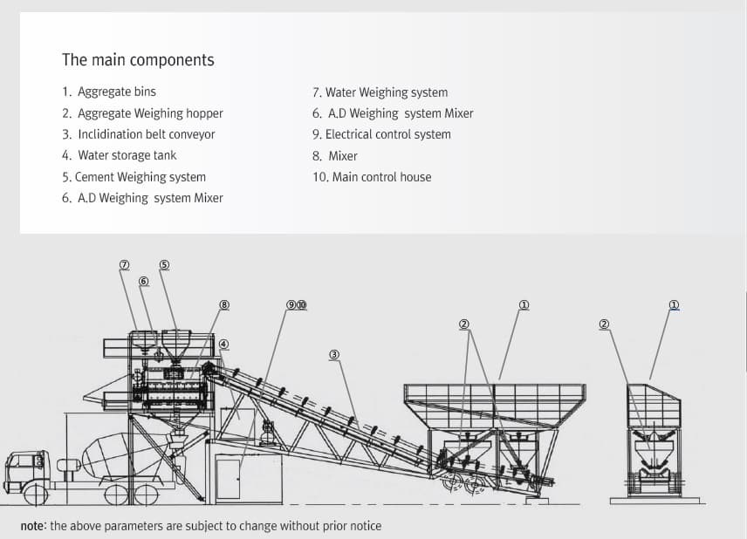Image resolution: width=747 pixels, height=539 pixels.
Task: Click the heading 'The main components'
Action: (138, 60)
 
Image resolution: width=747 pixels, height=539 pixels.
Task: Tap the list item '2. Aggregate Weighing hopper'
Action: (142, 113)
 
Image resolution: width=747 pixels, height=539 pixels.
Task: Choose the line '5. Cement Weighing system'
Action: (134, 177)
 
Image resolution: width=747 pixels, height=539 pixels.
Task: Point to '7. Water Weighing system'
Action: (380, 92)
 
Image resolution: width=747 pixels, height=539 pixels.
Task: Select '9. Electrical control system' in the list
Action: (381, 134)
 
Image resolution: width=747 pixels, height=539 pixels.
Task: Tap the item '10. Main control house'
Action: (372, 177)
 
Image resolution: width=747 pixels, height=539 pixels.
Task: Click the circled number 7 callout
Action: (124, 265)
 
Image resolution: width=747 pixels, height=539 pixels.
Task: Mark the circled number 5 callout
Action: (164, 265)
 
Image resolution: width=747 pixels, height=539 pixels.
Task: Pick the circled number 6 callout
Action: (144, 281)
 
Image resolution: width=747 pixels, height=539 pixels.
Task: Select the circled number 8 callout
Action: (224, 305)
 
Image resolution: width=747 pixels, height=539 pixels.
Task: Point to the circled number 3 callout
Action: (334, 355)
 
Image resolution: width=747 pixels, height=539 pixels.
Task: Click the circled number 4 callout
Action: (224, 344)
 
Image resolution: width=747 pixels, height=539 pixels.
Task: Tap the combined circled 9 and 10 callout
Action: (297, 305)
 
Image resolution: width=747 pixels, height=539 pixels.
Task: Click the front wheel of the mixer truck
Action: (36, 495)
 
